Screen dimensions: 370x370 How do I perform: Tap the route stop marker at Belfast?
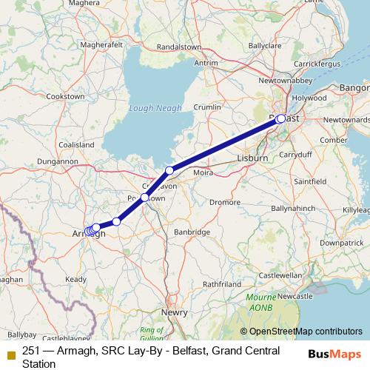(281, 118)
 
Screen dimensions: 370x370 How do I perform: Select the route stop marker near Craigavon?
(169, 171)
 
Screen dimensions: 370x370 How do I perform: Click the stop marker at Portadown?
(145, 198)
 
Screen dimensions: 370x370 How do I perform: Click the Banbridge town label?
(192, 232)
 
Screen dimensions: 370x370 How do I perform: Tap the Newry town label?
(175, 312)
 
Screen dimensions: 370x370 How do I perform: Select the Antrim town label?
(206, 63)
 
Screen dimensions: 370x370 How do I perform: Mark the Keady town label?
(75, 279)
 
